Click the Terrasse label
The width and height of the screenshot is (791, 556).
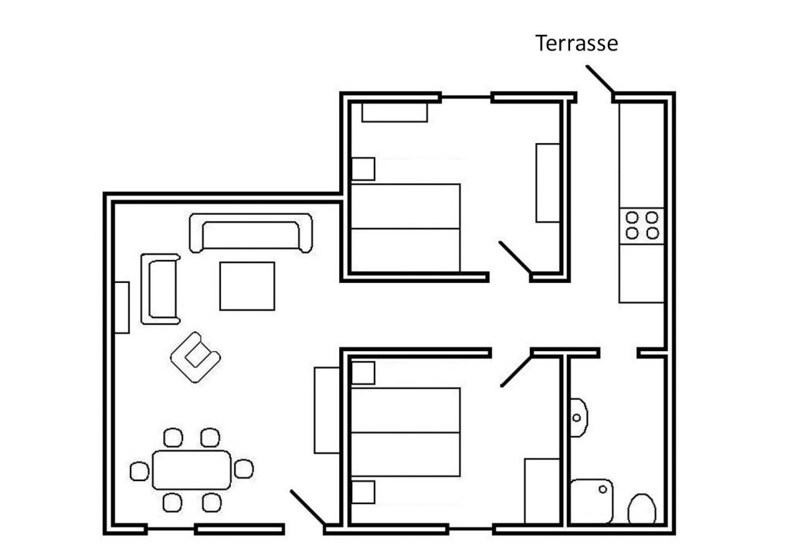click(576, 43)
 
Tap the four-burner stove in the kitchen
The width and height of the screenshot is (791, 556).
click(642, 226)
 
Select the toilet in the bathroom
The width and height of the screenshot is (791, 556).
click(642, 509)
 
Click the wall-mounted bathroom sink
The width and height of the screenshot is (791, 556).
click(579, 418)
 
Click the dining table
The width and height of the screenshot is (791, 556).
click(192, 470)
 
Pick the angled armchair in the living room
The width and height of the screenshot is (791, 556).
click(195, 357)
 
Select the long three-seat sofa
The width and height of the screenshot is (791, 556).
click(251, 233)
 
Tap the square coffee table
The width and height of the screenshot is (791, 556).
click(247, 286)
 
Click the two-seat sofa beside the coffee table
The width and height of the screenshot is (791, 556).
click(161, 289)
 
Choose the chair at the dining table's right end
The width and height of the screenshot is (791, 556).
click(243, 469)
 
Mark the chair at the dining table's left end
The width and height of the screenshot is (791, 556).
click(140, 471)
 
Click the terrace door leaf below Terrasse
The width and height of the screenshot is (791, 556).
click(600, 80)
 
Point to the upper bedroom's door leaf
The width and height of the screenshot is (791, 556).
click(515, 258)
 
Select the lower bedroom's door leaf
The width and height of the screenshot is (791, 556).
click(516, 371)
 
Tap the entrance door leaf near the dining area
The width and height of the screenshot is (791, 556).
click(307, 507)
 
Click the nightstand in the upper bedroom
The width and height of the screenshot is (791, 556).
click(363, 169)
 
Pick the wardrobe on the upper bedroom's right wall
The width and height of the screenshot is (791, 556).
click(548, 182)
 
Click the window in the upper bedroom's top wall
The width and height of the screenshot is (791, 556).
click(466, 97)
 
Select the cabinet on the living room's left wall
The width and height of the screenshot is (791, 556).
click(121, 308)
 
